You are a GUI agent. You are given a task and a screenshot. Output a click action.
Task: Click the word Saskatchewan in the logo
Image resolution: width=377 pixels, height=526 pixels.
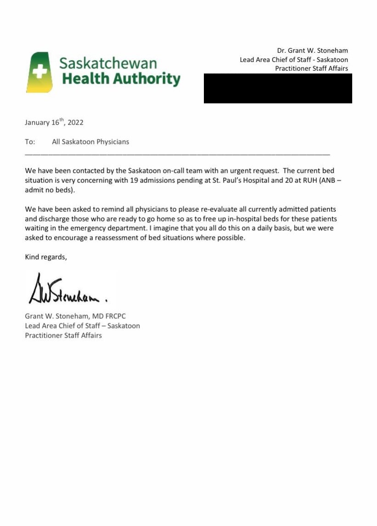click(x=108, y=63)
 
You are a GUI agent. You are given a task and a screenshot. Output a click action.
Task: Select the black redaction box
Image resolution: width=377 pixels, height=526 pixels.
click(x=278, y=88)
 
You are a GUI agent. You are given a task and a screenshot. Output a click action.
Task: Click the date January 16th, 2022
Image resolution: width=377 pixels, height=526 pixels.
click(x=54, y=123)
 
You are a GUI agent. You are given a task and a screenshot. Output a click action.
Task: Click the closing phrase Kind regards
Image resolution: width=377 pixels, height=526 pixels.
click(x=46, y=257)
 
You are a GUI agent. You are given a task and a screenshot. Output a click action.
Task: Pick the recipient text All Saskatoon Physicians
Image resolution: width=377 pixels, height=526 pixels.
click(x=90, y=142)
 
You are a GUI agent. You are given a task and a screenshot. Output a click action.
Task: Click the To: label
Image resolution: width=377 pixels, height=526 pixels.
click(x=30, y=142)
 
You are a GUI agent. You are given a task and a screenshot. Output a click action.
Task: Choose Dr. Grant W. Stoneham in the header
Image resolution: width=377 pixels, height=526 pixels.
click(x=312, y=51)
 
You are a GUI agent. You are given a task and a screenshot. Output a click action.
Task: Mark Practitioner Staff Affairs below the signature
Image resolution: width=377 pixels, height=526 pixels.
click(x=63, y=335)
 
